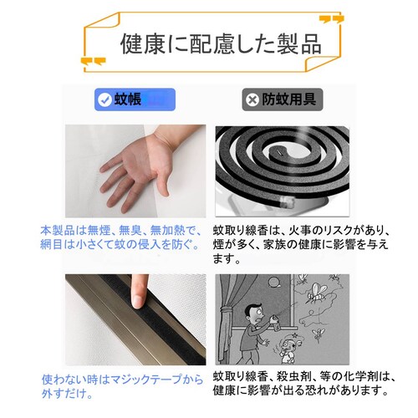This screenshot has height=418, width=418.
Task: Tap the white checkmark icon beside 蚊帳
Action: [x=104, y=99]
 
